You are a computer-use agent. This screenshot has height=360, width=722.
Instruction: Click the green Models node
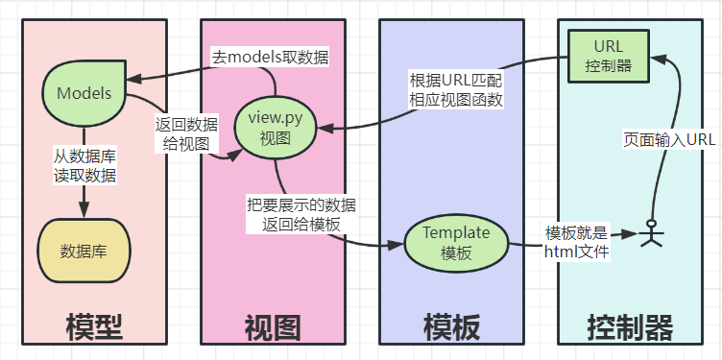84,93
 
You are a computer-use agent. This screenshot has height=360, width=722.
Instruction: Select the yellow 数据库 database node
84,251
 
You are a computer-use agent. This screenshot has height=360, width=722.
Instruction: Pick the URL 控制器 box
609,55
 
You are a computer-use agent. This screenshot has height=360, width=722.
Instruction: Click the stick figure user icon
653,232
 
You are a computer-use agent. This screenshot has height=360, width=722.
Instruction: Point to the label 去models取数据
270,58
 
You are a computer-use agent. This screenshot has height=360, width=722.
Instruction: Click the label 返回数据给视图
185,133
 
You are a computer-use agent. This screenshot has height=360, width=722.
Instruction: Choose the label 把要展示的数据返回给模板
301,213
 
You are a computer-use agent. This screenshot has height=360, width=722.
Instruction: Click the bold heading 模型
94,327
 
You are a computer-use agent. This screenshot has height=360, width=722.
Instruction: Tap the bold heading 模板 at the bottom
451,327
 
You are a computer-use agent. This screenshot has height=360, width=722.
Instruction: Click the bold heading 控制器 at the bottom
630,327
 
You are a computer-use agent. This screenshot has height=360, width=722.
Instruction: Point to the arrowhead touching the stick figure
633,233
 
